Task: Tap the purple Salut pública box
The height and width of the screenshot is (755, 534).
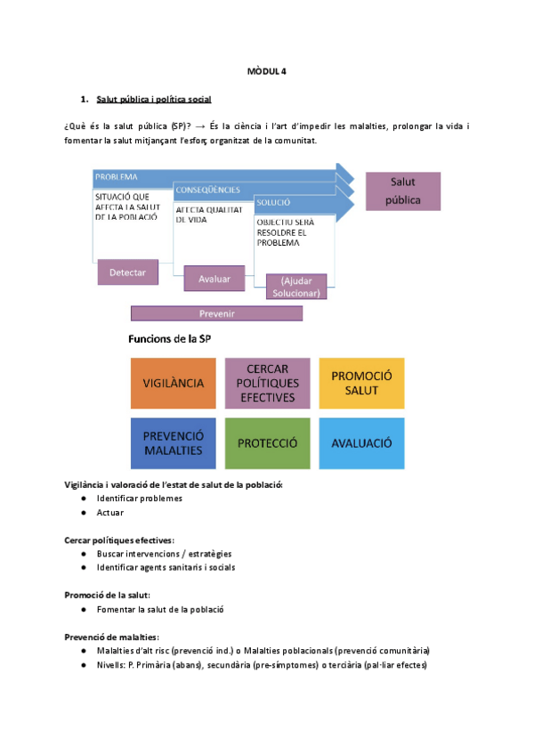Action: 403,191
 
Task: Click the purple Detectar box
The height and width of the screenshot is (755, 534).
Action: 127,272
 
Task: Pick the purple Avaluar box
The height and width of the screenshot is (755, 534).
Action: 214,279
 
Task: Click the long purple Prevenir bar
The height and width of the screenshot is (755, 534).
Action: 216,313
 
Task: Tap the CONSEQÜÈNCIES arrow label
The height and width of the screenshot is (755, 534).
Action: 207,190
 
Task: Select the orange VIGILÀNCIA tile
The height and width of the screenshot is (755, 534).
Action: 174,383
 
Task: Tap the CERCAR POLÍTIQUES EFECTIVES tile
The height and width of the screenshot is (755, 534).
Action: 267,383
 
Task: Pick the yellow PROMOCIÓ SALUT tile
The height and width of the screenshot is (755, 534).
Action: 361,383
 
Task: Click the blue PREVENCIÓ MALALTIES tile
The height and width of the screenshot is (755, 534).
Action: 174,442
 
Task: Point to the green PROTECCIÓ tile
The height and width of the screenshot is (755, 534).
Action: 267,442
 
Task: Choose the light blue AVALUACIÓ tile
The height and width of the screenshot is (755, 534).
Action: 361,442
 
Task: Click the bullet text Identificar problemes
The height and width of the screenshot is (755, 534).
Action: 140,499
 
